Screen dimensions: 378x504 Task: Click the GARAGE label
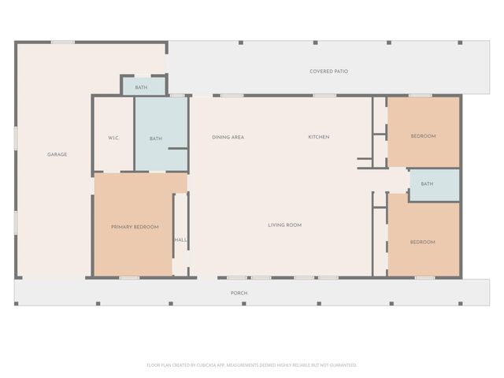[57, 154]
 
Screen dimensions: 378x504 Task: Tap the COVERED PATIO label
[328, 72]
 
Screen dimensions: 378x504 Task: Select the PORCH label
[239, 293]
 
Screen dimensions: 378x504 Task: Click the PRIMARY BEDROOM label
[135, 227]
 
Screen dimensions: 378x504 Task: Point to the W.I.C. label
[113, 139]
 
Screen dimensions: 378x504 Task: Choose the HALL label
[180, 239]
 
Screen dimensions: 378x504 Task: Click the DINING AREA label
[228, 137]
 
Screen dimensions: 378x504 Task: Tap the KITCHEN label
[318, 137]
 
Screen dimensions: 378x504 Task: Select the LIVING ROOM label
[284, 225]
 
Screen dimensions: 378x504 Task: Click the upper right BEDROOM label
[423, 136]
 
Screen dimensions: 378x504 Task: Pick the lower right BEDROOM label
[422, 242]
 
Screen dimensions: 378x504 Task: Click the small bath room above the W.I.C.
[141, 87]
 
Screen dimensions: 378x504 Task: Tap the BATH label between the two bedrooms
[427, 184]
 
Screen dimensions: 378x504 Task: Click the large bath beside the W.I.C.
[156, 139]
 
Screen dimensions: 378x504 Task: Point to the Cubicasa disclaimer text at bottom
[252, 365]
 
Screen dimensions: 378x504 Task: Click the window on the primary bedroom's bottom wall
[129, 277]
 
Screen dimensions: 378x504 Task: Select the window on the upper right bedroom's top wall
[420, 95]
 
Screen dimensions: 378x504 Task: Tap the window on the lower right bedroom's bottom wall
[424, 277]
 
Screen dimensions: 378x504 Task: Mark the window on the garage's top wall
[63, 43]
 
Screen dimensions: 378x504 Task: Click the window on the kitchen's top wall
[324, 95]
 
